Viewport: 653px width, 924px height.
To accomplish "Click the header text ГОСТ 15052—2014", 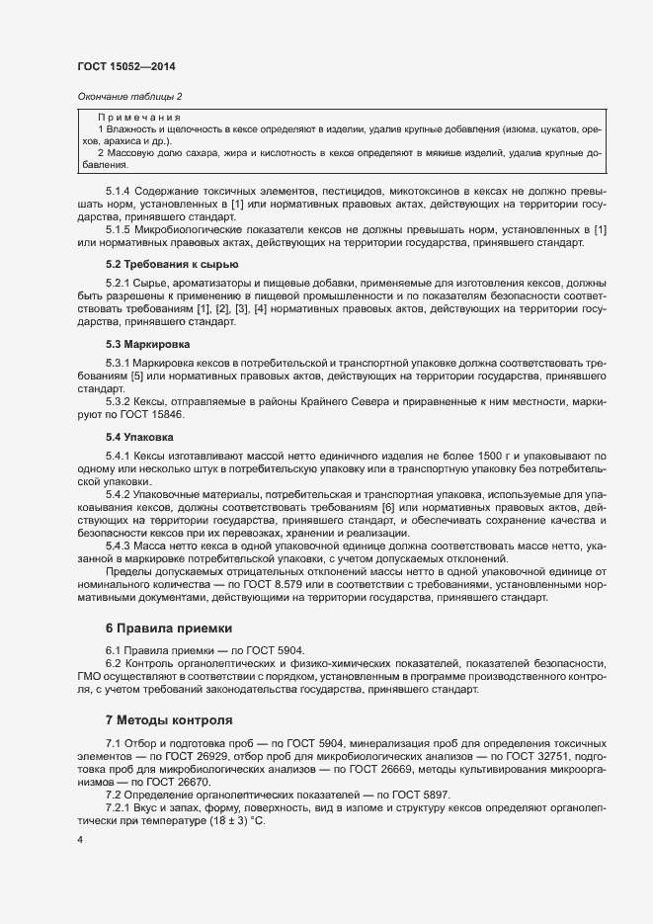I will coord(125,67).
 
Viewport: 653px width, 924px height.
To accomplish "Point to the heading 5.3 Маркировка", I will coord(148,344).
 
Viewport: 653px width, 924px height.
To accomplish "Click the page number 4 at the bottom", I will coord(80,840).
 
